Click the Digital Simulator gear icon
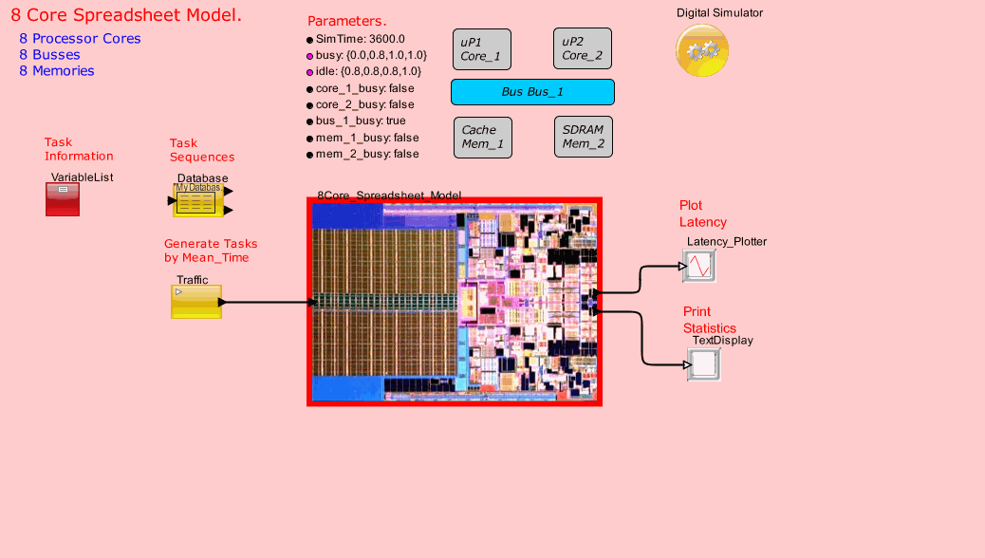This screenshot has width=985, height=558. [x=702, y=51]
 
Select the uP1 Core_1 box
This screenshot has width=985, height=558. [x=482, y=49]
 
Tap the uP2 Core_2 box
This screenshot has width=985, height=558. [x=583, y=48]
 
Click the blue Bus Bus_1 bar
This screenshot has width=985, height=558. [x=532, y=92]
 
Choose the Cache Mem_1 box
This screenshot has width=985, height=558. [x=482, y=138]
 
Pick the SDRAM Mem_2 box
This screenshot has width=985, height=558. [x=583, y=138]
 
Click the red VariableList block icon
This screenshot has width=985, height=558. [x=63, y=199]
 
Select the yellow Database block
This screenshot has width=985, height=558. [x=197, y=201]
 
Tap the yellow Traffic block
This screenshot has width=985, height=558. [x=196, y=302]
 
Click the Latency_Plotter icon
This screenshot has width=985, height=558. [x=698, y=267]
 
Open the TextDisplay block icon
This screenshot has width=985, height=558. [x=703, y=364]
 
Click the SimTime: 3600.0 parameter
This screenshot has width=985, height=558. [x=360, y=39]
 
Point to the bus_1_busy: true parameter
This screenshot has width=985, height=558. [x=360, y=121]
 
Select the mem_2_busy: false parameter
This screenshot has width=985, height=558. [x=366, y=154]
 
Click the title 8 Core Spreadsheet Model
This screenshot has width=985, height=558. [x=126, y=16]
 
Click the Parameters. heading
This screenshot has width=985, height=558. [x=346, y=22]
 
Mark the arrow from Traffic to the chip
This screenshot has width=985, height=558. [x=269, y=303]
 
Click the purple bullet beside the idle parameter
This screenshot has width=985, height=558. [x=309, y=72]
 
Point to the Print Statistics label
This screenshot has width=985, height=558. [x=709, y=320]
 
